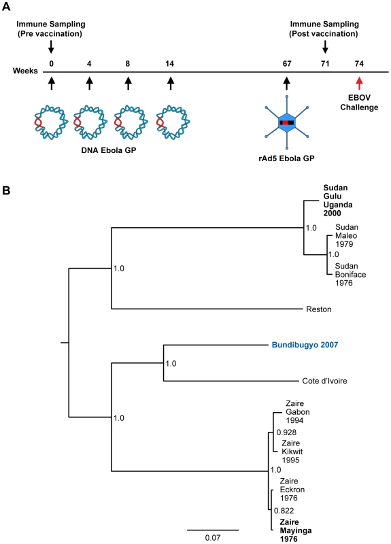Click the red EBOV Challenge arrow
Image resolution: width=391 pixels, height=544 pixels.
(x=359, y=84)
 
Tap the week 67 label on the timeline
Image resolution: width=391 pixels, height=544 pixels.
(x=287, y=63)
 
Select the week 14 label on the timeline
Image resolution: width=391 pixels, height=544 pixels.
(x=169, y=63)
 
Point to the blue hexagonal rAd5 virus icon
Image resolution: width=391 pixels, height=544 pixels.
(x=286, y=122)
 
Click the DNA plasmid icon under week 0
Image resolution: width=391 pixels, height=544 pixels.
(x=50, y=122)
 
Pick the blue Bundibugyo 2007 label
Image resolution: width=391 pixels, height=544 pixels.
(x=305, y=345)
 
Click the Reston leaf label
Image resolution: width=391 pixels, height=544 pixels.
(x=318, y=309)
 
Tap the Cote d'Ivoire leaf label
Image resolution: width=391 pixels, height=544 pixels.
(x=324, y=381)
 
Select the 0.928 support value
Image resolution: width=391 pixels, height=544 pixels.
(x=286, y=432)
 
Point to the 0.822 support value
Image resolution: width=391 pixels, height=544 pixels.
(x=284, y=511)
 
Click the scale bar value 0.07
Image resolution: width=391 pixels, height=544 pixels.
(x=213, y=538)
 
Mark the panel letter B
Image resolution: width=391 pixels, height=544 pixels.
(x=6, y=190)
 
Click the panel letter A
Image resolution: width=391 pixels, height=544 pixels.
(x=6, y=7)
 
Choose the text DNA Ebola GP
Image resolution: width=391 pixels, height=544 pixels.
(x=109, y=150)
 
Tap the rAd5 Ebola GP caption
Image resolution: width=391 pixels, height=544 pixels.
(x=286, y=158)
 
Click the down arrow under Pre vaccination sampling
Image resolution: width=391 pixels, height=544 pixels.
(x=51, y=47)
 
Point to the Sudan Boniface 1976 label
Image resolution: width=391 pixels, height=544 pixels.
(x=350, y=275)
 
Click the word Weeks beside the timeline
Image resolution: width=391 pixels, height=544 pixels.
(x=25, y=71)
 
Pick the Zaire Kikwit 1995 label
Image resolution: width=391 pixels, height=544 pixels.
(x=292, y=452)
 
